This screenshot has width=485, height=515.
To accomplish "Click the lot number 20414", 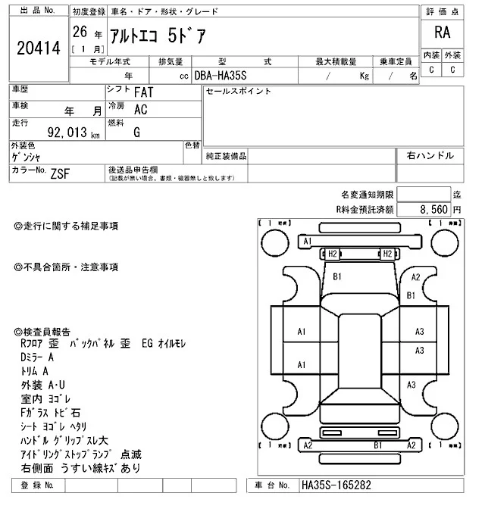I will coord(37,48).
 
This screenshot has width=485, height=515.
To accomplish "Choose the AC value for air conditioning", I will coord(140,109).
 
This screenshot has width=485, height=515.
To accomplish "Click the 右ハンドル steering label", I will coord(430,156).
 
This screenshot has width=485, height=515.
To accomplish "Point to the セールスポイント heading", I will coord(238,92).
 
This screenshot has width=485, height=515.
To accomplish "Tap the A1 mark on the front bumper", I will coord(307,241).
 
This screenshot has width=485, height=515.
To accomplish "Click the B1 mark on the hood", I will coord(338,276).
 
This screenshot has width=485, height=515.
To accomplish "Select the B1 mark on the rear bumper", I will coord(377,445).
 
